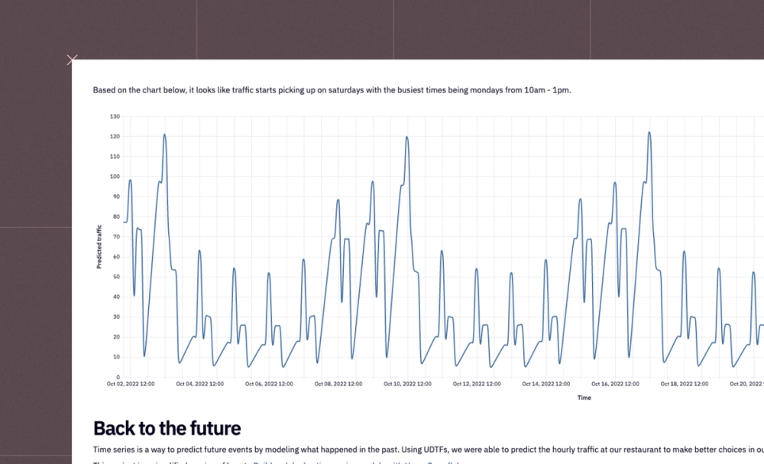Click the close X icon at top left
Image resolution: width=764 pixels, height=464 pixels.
coord(72,60)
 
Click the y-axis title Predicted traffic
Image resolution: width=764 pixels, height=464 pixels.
coord(99,246)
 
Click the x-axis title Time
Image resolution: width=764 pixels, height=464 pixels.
coord(584,397)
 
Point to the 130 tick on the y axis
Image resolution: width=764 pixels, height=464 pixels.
coord(115,116)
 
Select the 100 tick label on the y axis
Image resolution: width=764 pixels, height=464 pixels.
coord(115,177)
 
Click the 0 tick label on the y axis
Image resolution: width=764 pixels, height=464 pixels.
coord(118,377)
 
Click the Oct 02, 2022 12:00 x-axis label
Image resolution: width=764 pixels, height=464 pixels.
coord(131,385)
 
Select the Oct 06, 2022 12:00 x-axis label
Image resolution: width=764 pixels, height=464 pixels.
coord(269,385)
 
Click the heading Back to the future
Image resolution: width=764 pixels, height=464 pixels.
coord(167,429)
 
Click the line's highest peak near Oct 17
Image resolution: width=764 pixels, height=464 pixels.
coord(649,132)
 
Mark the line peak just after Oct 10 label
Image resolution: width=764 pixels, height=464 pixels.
coord(406,137)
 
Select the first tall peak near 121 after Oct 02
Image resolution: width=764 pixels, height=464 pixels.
coord(164,135)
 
